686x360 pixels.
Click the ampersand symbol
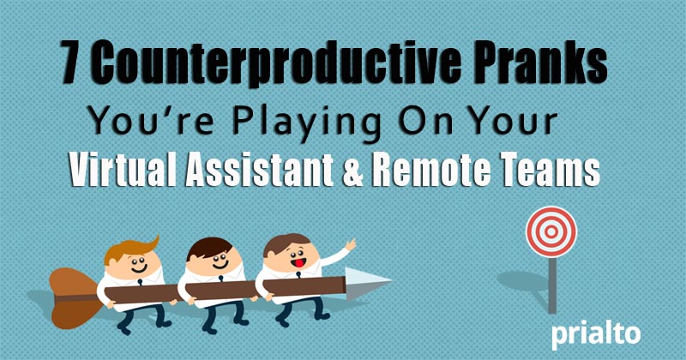pyautogui.click(x=353, y=171)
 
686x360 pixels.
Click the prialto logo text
pyautogui.click(x=596, y=335)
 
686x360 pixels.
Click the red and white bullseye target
pyautogui.click(x=551, y=231)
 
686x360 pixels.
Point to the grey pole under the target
pyautogui.click(x=552, y=285)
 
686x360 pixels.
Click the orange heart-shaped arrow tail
pyautogui.click(x=74, y=298)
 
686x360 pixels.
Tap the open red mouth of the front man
pyautogui.click(x=298, y=263)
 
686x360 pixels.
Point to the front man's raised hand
pyautogui.click(x=351, y=245)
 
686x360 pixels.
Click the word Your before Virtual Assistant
pyautogui.click(x=524, y=122)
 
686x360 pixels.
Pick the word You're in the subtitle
pyautogui.click(x=152, y=121)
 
